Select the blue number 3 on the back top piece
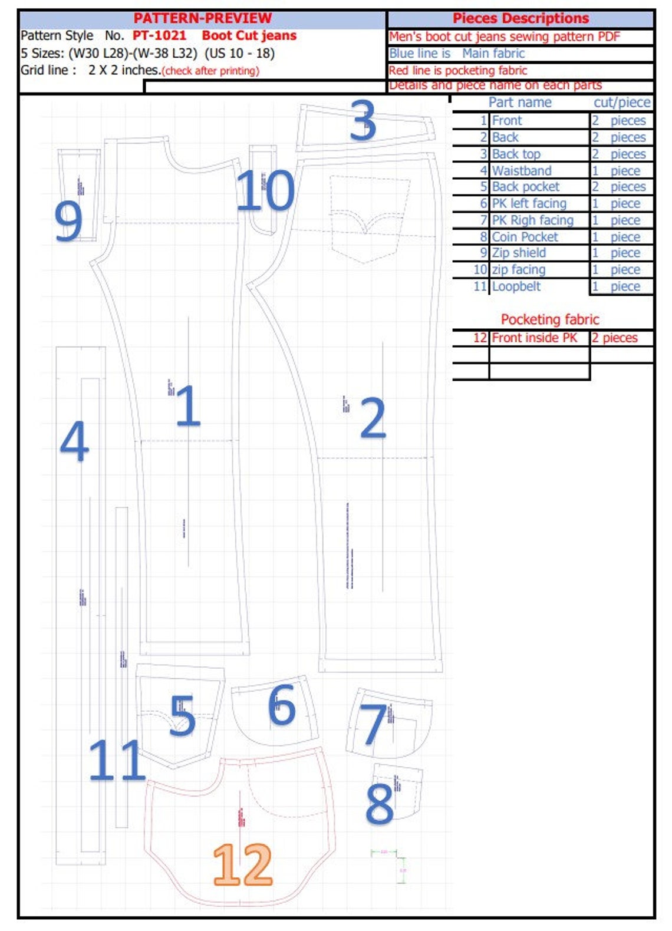click(x=363, y=121)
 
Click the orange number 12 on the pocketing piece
click(x=243, y=864)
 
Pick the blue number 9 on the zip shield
click(x=68, y=221)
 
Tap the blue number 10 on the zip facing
click(x=265, y=190)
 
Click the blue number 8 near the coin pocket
click(x=380, y=803)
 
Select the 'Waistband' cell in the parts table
click(x=522, y=171)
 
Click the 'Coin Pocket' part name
click(x=525, y=237)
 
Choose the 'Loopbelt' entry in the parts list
click(x=516, y=286)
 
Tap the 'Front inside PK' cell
click(x=535, y=338)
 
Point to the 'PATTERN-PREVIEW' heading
click(x=202, y=18)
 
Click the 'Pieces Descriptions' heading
click(x=521, y=18)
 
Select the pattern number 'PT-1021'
click(x=159, y=35)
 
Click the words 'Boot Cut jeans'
click(x=249, y=35)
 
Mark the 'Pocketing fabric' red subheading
click(x=550, y=319)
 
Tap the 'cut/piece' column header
click(x=622, y=103)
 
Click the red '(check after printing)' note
click(x=210, y=71)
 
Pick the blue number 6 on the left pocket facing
click(x=282, y=705)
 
